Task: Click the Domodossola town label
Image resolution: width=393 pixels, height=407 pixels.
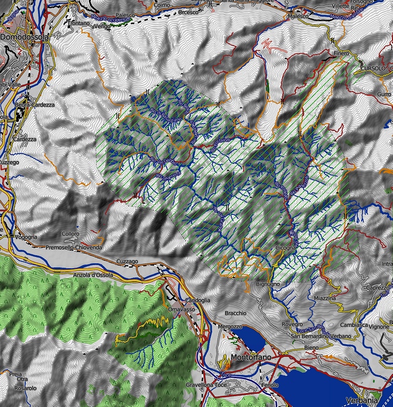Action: click(25, 37)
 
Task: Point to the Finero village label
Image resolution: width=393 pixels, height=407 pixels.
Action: click(341, 53)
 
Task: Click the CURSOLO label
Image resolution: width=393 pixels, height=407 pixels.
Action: click(373, 68)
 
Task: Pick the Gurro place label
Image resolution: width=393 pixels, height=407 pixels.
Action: click(384, 93)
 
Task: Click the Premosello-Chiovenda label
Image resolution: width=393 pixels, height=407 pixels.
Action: click(74, 247)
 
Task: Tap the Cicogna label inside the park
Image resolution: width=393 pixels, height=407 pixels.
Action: click(287, 248)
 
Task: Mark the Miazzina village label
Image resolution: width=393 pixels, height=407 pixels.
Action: click(325, 298)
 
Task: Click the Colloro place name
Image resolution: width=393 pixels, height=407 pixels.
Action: click(71, 234)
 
